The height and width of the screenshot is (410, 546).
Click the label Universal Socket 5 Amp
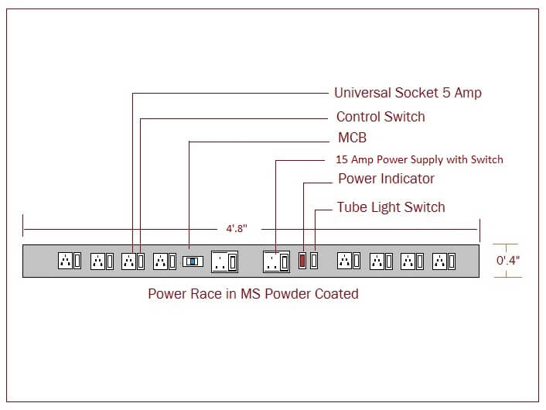(408, 93)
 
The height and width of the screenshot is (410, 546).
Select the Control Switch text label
(380, 117)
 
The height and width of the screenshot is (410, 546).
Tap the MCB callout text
(352, 138)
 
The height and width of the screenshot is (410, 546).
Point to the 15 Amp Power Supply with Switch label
(419, 159)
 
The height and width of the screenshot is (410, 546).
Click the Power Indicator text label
(386, 179)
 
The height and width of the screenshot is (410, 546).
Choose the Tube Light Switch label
(391, 207)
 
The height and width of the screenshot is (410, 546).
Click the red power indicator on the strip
(303, 261)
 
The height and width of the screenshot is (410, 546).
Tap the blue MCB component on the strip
(193, 261)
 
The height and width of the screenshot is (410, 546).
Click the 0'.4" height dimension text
(508, 260)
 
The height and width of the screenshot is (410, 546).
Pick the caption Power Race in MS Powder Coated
(253, 294)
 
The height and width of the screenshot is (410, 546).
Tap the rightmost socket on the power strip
(440, 261)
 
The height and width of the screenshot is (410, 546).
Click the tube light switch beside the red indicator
(315, 261)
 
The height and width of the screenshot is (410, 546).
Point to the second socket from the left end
(97, 261)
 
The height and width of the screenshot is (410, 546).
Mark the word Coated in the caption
(338, 294)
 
